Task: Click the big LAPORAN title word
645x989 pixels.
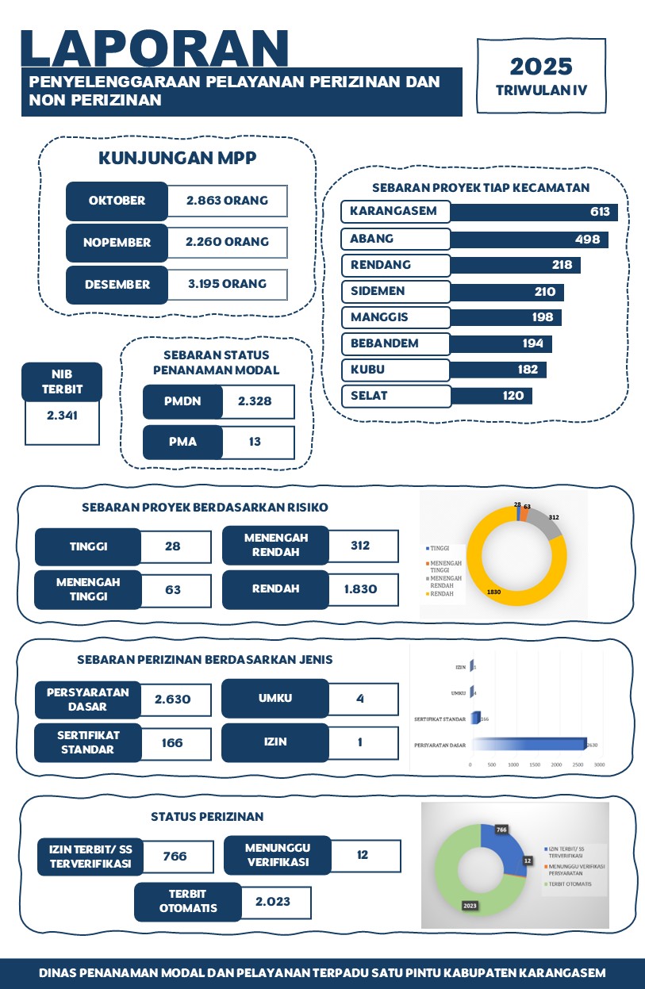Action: coord(154,49)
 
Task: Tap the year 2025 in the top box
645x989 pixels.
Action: coord(541,66)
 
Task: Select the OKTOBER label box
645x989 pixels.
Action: coord(117,201)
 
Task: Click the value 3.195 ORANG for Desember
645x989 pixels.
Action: coord(227,284)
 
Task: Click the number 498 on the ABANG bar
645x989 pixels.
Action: coord(588,239)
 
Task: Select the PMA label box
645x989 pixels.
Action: coord(182,442)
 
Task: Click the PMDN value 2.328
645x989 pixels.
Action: coord(255,401)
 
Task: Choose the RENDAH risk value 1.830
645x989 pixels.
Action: coord(359,589)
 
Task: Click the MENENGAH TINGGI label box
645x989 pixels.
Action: coord(88,589)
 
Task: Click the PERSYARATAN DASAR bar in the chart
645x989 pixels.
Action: coord(528,744)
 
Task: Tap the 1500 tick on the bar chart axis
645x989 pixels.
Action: coord(535,765)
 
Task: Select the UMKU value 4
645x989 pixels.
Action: coord(359,699)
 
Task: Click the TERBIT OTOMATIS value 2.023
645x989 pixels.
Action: coord(273,902)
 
